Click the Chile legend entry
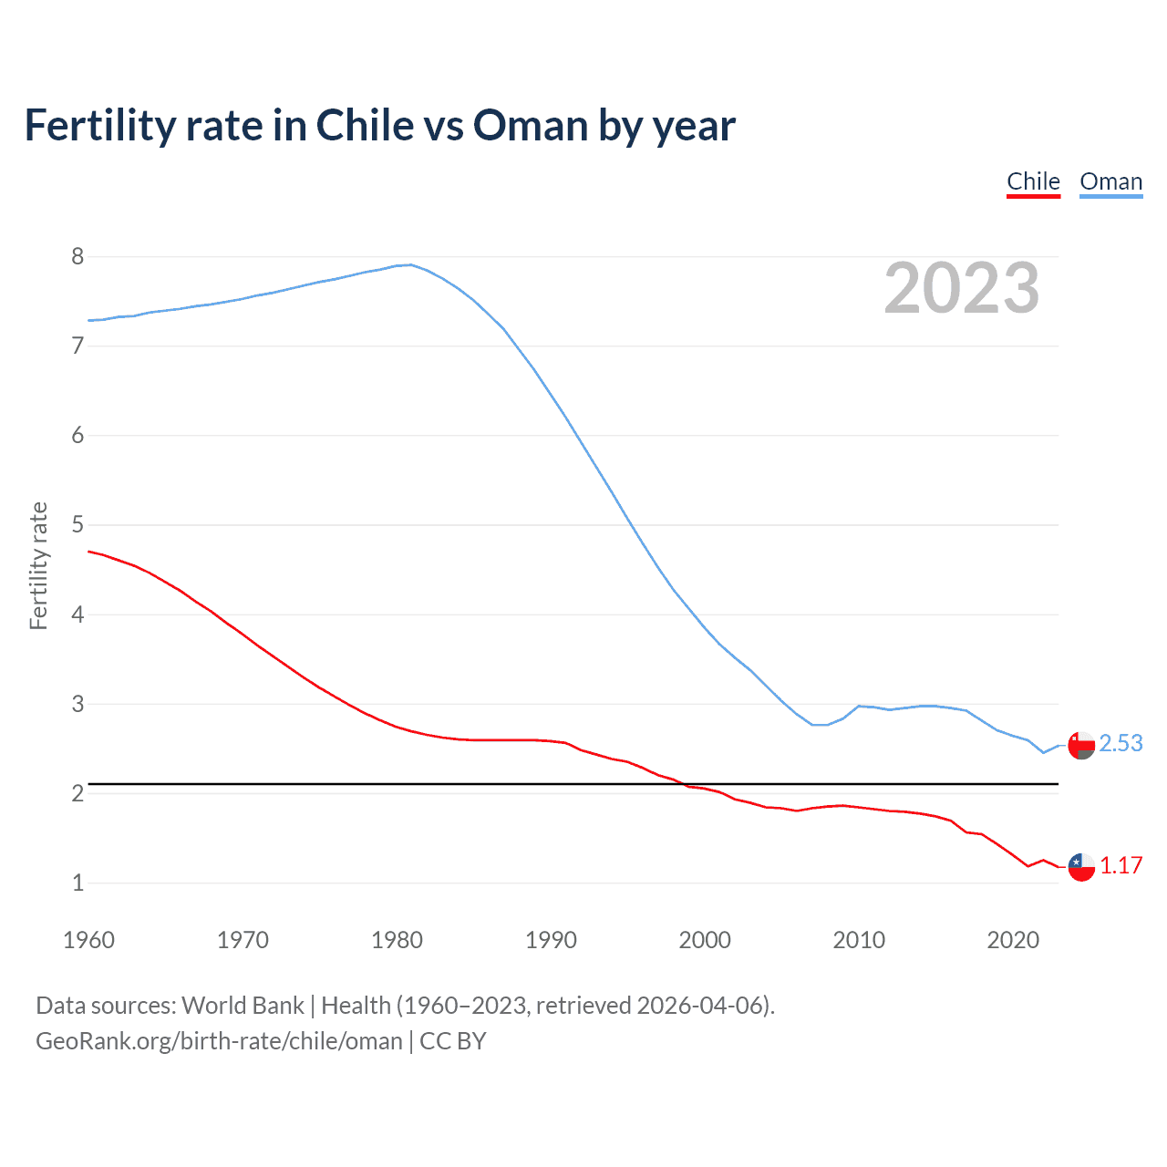click(1033, 181)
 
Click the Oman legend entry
click(1110, 181)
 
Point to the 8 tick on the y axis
click(77, 256)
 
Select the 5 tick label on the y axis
click(77, 525)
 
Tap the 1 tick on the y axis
click(77, 883)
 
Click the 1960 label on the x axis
click(88, 940)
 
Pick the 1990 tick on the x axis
click(551, 940)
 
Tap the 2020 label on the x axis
click(1013, 940)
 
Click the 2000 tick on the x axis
click(705, 940)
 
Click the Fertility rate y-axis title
click(38, 565)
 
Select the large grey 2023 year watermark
click(961, 288)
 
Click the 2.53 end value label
click(1121, 744)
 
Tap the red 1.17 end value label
click(1121, 865)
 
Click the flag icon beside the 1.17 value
click(1081, 867)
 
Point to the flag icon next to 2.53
click(1081, 746)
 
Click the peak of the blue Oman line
click(410, 264)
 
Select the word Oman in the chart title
click(531, 126)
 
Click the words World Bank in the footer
click(243, 1006)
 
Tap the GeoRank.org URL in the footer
click(219, 1041)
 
